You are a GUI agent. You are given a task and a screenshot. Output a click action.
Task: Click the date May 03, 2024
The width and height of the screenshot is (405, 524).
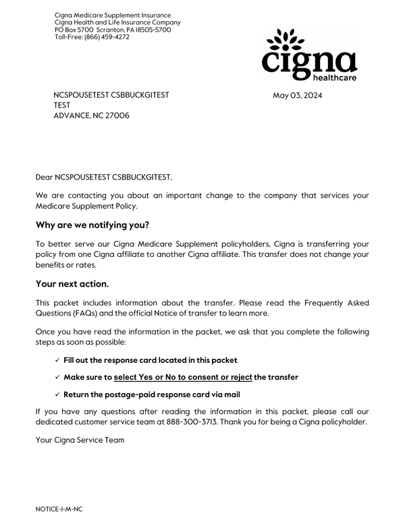298,95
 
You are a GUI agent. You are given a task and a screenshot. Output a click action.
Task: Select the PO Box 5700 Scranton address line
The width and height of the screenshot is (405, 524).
113,30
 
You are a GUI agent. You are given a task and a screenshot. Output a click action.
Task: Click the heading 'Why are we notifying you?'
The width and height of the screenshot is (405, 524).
92,225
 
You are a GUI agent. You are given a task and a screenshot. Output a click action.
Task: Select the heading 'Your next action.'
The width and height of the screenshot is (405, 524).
72,285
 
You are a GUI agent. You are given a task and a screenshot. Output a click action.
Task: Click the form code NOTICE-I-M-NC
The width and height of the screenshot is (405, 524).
63,508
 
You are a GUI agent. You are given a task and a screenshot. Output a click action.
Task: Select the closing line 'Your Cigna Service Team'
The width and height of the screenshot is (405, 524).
80,440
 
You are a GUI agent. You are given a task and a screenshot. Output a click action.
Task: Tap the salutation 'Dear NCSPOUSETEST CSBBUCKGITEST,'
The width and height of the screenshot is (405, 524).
104,177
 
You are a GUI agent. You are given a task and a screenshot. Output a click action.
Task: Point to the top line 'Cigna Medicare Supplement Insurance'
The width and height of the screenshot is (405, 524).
113,15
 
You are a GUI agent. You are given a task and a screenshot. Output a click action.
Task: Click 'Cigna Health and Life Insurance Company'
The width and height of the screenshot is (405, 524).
117,22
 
